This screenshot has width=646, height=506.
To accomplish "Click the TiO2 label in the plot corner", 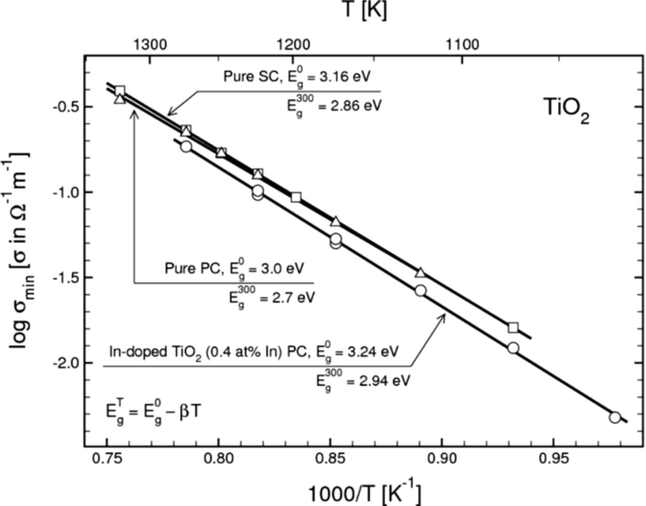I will (x=566, y=110).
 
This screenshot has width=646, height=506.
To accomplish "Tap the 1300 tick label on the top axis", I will (x=150, y=44).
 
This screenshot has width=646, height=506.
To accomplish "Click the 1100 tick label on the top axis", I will (x=462, y=44).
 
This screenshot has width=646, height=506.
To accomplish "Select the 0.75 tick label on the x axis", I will (x=106, y=459).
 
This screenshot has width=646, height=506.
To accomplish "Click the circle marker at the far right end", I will (x=615, y=417).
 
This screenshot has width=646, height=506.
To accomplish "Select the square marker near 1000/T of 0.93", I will (x=513, y=328).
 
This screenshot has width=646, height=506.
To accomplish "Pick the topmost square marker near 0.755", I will (x=120, y=91).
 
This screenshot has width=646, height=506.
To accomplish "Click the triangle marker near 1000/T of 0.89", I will (x=420, y=273).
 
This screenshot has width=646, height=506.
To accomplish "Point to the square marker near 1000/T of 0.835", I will (x=296, y=197).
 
